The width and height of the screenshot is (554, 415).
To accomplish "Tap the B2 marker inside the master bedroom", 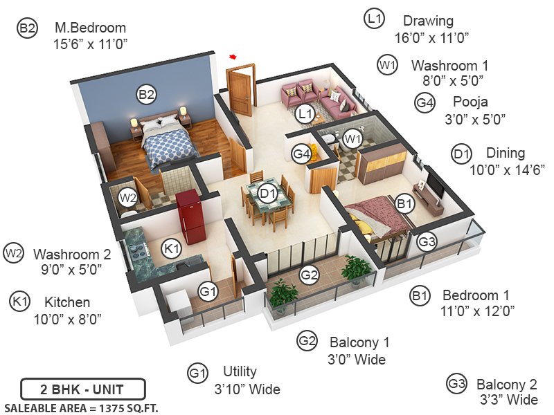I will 145,95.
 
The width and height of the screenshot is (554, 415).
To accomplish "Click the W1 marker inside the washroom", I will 353,138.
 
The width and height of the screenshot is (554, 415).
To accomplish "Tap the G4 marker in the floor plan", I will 301,154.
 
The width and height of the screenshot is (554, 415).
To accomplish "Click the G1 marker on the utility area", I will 208,292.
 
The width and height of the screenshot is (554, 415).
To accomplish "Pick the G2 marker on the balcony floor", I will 309,275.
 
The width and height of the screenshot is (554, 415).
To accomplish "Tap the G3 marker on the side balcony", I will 427,241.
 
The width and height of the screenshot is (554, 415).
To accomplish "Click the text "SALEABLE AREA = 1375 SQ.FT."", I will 81,407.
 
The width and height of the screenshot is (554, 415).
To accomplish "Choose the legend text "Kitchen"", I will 67,302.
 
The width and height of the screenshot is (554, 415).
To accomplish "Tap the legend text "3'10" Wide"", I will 247,389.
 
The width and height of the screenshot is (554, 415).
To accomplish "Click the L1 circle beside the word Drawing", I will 374,19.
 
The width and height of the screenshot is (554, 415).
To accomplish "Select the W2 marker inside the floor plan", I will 127,198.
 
